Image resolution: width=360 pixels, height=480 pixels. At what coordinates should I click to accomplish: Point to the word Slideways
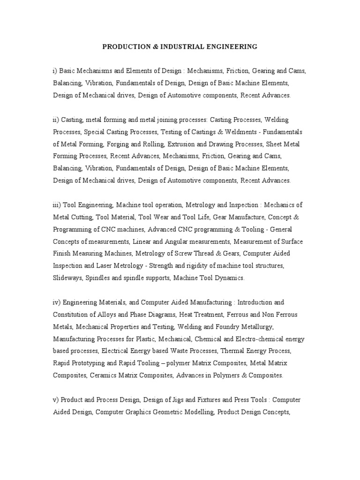(x=67, y=278)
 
